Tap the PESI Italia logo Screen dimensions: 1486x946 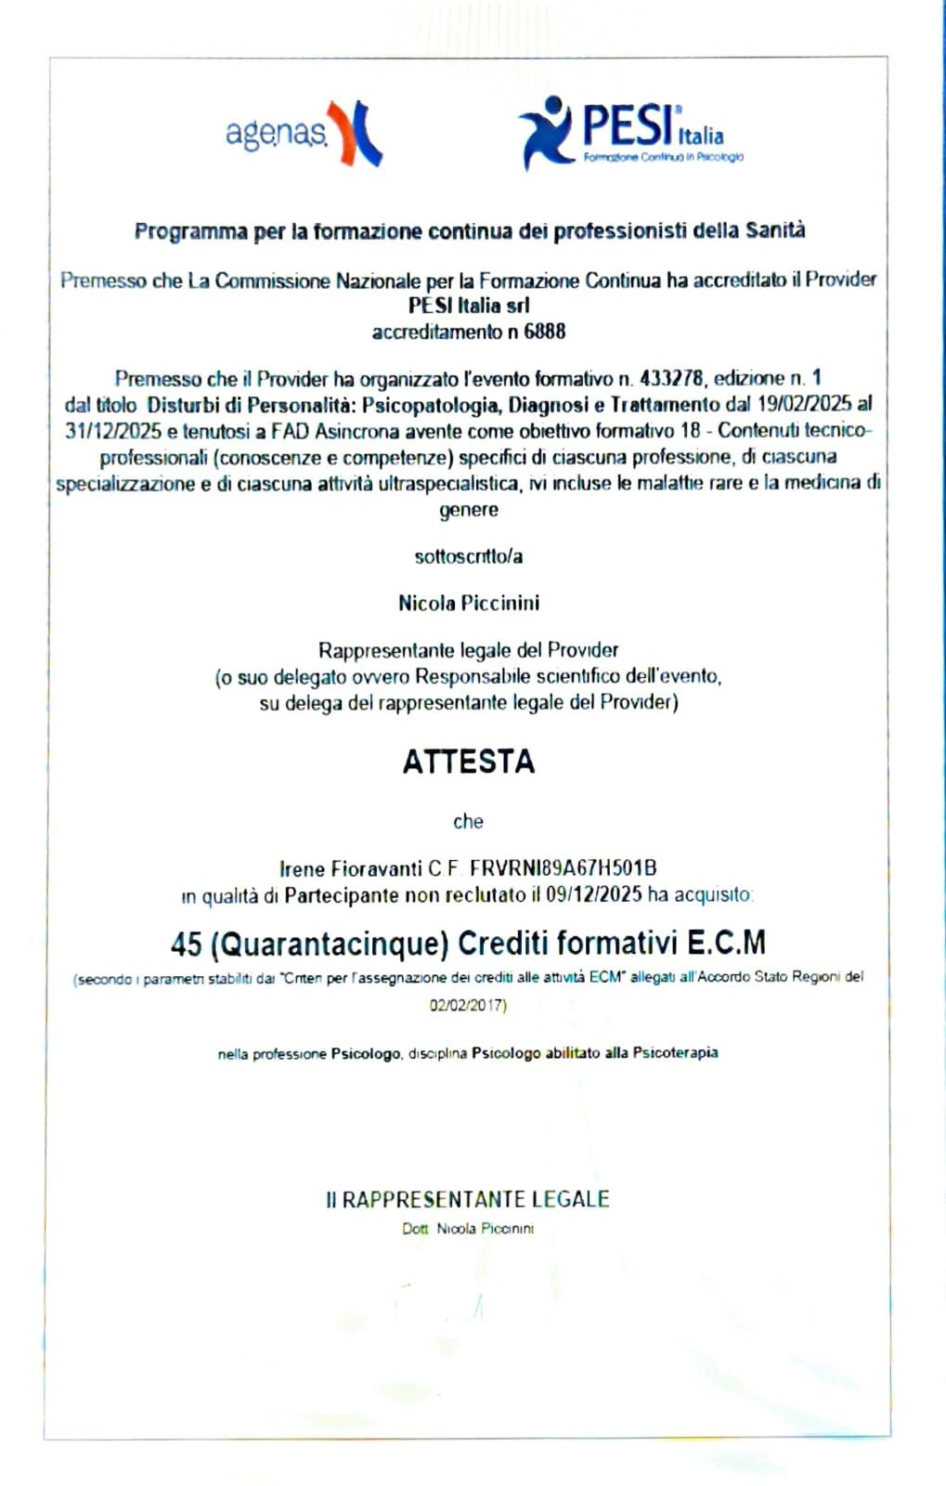(631, 133)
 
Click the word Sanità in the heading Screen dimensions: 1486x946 (775, 230)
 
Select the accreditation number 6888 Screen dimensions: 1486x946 (545, 332)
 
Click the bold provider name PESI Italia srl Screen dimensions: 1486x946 (469, 306)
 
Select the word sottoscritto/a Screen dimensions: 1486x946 (468, 556)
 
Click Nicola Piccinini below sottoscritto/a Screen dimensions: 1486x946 (469, 603)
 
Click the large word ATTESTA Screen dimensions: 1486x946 (469, 762)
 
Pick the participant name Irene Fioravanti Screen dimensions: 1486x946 (351, 868)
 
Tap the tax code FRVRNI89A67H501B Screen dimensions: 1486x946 (564, 868)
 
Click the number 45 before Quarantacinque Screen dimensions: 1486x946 (186, 944)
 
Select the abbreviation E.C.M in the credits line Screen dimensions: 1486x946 (726, 943)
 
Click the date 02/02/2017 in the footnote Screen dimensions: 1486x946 (467, 1005)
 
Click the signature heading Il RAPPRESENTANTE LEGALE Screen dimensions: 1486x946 (467, 1199)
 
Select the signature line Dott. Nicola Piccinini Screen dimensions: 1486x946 (468, 1229)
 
